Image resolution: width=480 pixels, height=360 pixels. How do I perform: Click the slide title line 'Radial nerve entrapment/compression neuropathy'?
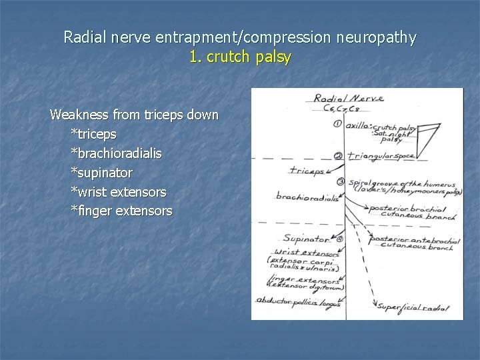(x=240, y=37)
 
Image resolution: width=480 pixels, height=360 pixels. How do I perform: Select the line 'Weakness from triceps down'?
(x=134, y=115)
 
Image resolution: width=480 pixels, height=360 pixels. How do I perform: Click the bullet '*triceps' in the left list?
(x=93, y=134)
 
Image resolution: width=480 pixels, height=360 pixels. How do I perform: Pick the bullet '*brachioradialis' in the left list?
(x=116, y=153)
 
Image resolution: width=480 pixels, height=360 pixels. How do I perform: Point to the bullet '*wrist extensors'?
(x=119, y=192)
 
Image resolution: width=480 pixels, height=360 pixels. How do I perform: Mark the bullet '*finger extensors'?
(x=121, y=211)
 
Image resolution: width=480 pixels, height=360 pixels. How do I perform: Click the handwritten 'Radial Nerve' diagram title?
(x=348, y=99)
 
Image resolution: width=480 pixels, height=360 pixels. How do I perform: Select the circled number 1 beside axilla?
(x=338, y=123)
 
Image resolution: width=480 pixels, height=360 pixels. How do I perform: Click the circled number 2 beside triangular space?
(x=338, y=157)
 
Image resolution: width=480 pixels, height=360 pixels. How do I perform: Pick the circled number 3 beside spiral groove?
(x=341, y=182)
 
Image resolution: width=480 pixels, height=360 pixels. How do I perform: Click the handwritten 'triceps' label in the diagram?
(x=306, y=171)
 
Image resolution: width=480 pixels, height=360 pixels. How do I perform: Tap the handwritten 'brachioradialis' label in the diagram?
(x=305, y=197)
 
